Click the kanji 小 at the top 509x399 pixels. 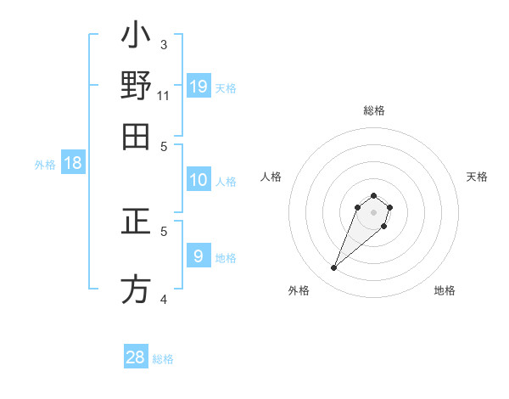tap(136, 38)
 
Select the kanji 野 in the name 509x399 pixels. tap(136, 87)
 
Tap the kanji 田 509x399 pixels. tap(136, 136)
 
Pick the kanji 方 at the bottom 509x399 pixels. tap(136, 289)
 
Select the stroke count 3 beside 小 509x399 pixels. tap(164, 44)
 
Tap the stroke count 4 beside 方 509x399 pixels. tap(164, 299)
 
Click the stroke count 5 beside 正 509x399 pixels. tap(164, 230)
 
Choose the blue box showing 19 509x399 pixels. tap(199, 86)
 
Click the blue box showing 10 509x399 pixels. tap(199, 180)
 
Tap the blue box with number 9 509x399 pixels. tap(199, 256)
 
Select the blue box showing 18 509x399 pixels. tap(73, 164)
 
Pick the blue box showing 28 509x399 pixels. tap(136, 357)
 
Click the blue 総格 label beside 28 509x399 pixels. tap(163, 359)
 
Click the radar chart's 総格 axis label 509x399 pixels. tap(373, 110)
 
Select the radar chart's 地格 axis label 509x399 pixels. tap(445, 291)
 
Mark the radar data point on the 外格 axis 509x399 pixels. tap(334, 268)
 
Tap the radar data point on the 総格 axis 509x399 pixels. tap(373, 196)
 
